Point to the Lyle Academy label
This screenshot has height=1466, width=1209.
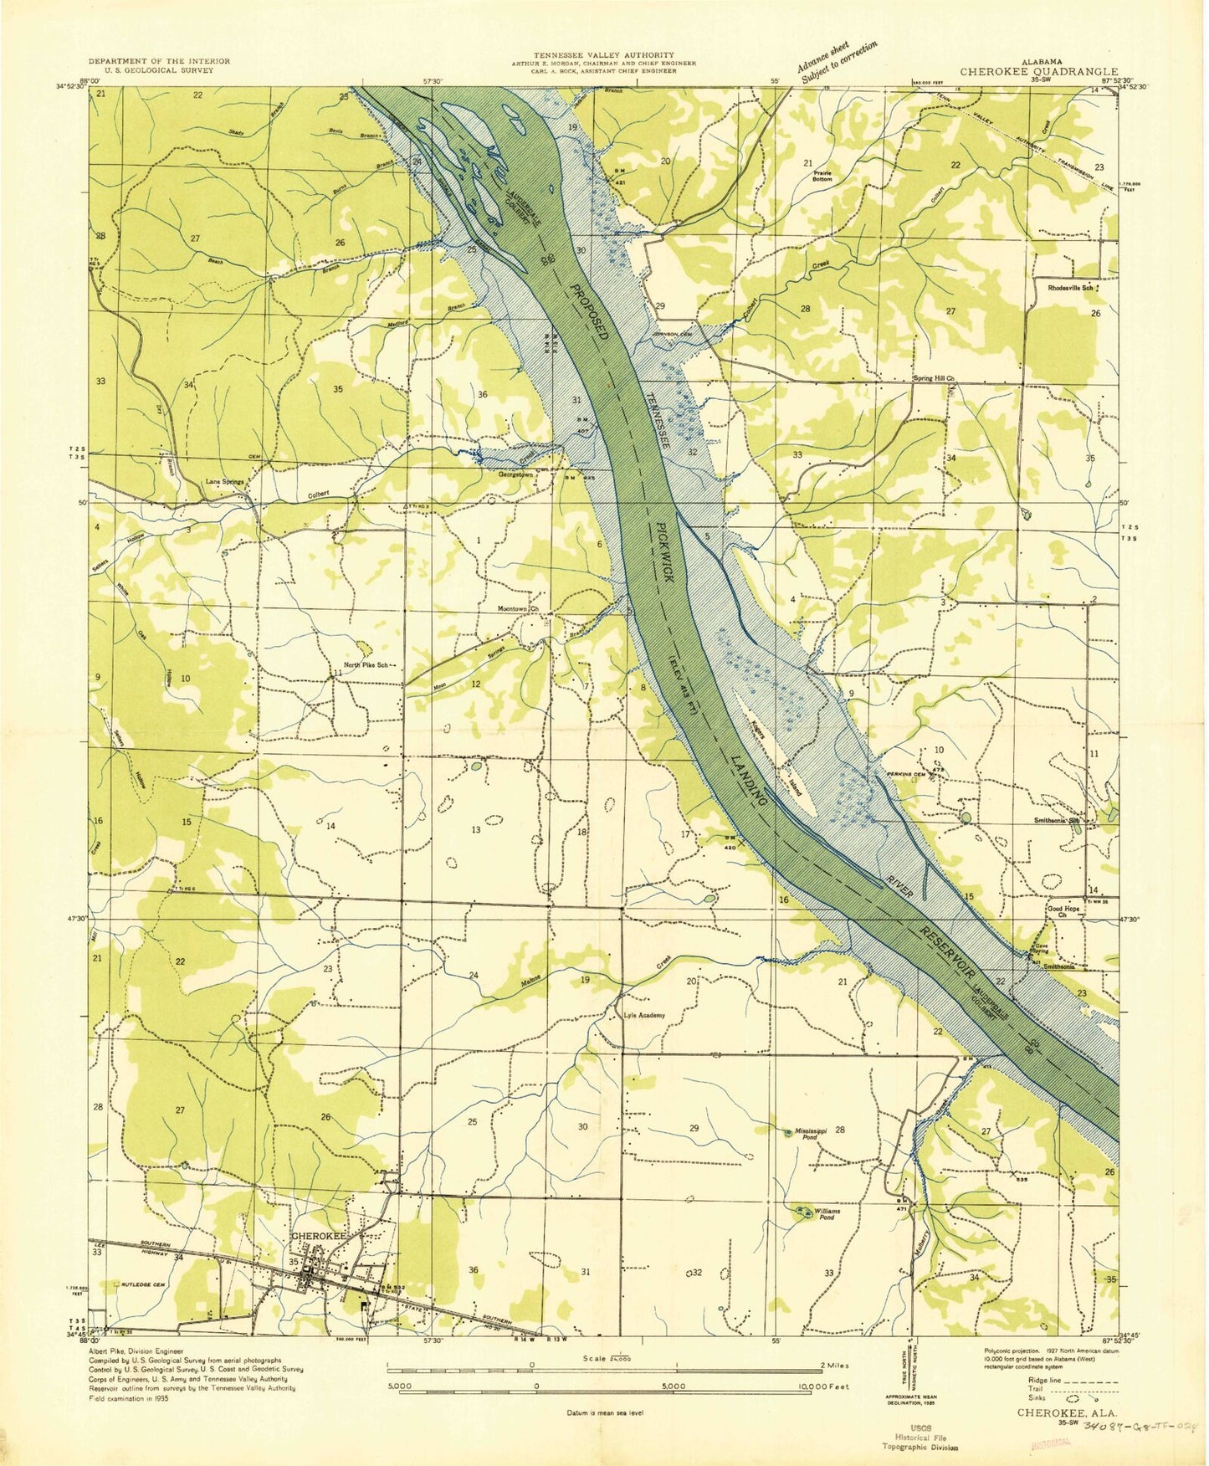pyautogui.click(x=645, y=1016)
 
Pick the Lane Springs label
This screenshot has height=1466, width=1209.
pyautogui.click(x=225, y=483)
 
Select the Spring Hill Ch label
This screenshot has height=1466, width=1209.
pyautogui.click(x=933, y=378)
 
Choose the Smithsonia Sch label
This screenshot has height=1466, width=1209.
pyautogui.click(x=1062, y=821)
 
